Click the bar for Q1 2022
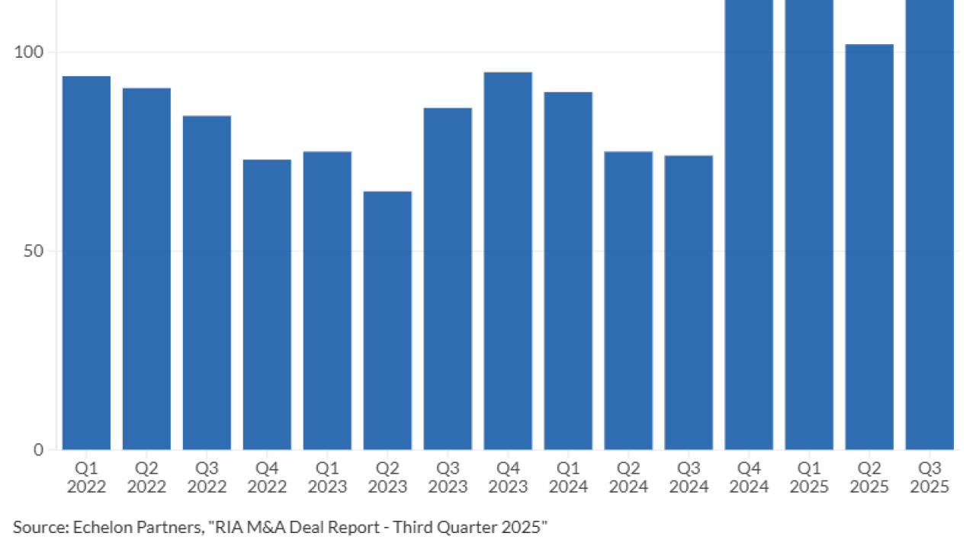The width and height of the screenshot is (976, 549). (86, 263)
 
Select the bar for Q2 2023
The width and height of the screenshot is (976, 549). (387, 320)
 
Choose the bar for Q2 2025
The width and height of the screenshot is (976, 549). (869, 247)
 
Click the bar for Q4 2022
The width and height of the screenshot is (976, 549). (267, 305)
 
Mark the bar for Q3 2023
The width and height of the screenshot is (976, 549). (448, 279)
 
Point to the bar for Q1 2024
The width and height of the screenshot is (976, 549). (568, 271)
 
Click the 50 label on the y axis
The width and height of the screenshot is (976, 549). (34, 251)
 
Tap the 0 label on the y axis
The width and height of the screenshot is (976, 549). (38, 450)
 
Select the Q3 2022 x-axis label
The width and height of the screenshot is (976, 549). (207, 477)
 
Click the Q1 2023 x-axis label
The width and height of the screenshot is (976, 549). (327, 477)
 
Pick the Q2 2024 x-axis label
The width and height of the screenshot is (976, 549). (628, 477)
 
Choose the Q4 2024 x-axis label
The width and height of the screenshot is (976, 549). (749, 477)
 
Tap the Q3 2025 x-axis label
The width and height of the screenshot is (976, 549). (929, 477)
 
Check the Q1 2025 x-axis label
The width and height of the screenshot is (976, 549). (809, 477)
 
